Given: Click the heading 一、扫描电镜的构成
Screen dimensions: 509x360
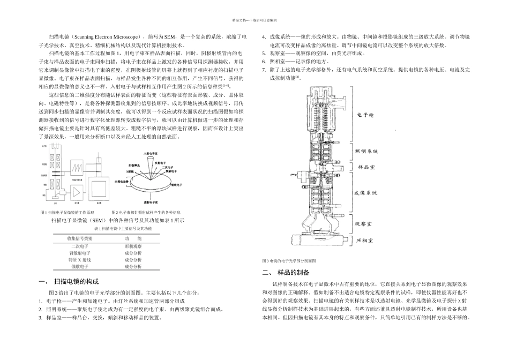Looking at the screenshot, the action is (x=69, y=281).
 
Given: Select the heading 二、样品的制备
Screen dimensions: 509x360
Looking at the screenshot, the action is (x=286, y=272).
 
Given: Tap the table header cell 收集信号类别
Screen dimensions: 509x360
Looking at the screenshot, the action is (x=80, y=238).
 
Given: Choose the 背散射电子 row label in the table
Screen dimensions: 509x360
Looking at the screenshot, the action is (x=80, y=252).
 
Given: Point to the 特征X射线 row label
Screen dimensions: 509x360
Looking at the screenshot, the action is (x=80, y=259).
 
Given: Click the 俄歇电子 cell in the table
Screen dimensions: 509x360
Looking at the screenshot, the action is (x=80, y=266).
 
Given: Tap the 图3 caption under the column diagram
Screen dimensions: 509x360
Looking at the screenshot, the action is (x=289, y=260).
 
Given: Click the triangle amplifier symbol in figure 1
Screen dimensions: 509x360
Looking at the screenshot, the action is (x=77, y=190).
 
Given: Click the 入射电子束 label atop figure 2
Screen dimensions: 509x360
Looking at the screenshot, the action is (x=151, y=154).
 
